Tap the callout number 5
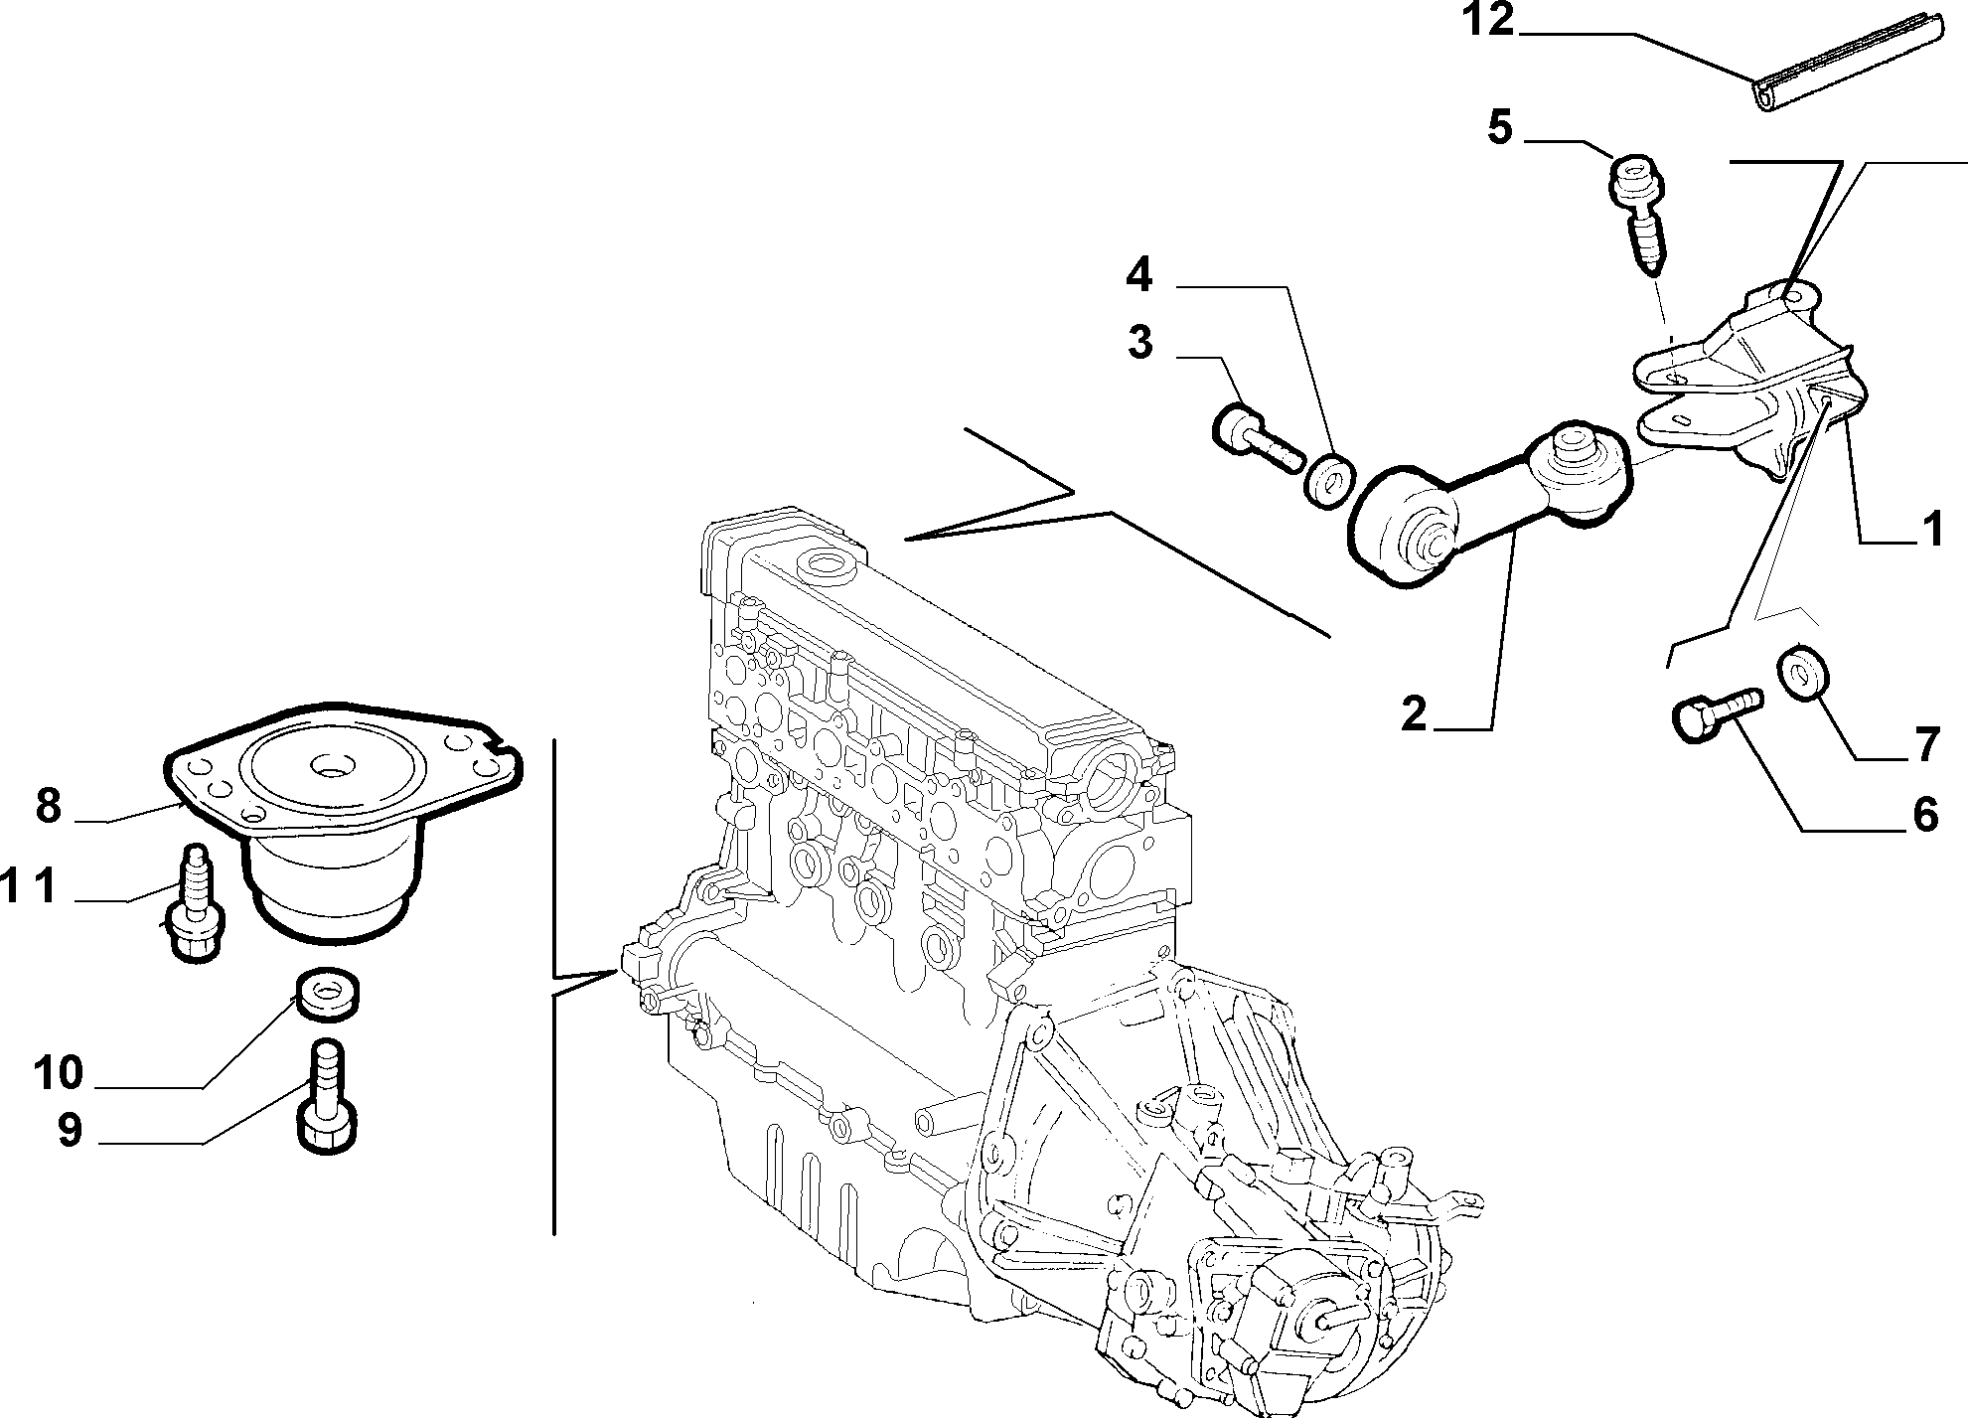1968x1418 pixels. click(1500, 129)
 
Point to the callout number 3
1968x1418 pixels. click(1140, 343)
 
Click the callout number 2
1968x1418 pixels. click(1415, 713)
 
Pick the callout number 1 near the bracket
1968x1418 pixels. click(1931, 531)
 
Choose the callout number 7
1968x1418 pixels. click(1926, 744)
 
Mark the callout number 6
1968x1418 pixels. click(1925, 815)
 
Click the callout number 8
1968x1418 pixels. click(49, 805)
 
